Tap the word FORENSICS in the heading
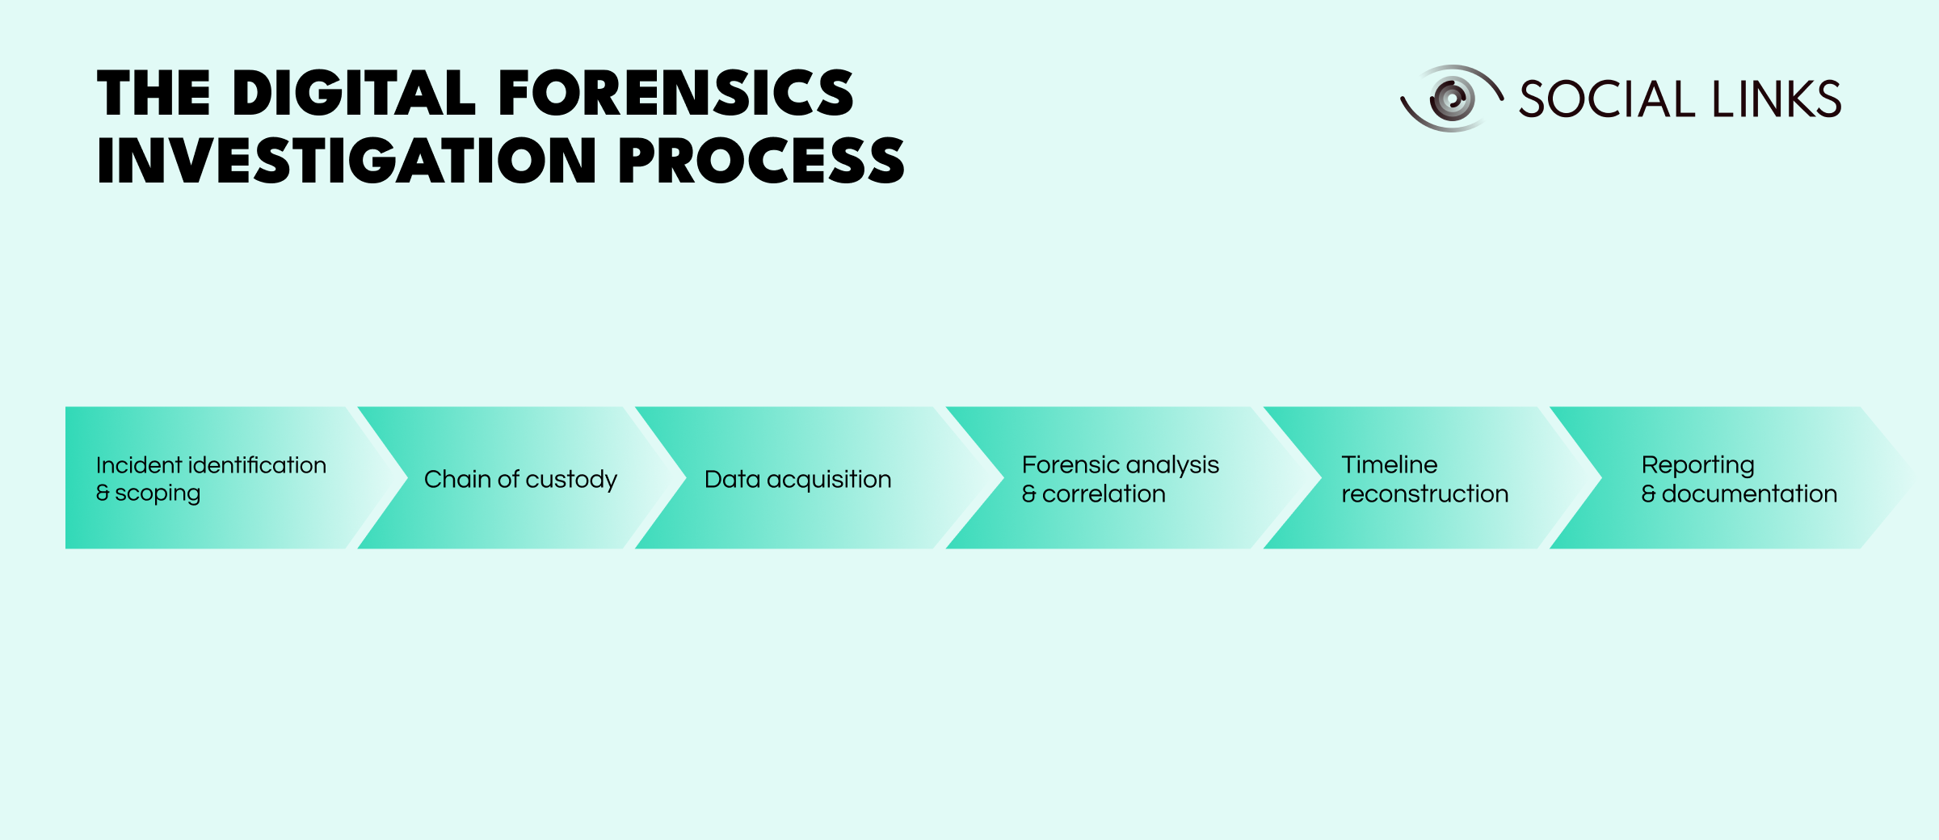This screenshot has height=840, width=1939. (675, 94)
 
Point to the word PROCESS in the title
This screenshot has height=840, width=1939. (761, 162)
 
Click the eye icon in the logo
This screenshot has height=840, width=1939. (1452, 99)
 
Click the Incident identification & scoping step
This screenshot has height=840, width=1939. (210, 478)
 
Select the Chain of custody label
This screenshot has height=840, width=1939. (520, 479)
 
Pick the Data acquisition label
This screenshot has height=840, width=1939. (797, 479)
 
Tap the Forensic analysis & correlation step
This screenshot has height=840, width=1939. (1120, 479)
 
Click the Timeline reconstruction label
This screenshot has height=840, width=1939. (1424, 479)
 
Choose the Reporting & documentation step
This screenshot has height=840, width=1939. (1739, 479)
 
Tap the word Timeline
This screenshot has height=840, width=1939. (1389, 464)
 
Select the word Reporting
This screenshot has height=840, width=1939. (1697, 465)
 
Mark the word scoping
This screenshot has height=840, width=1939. (158, 493)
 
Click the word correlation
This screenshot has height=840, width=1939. (1104, 493)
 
